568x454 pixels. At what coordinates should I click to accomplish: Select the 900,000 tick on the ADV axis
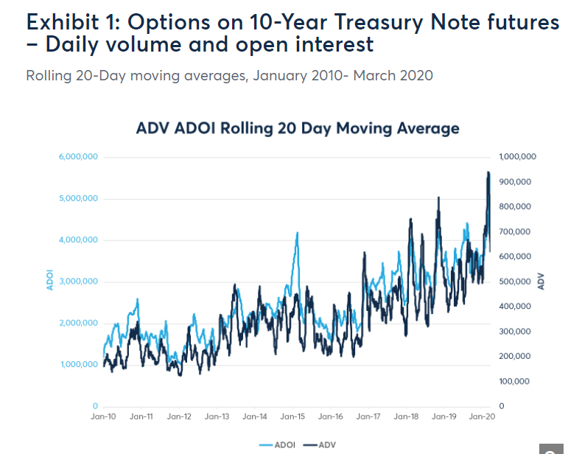click(x=516, y=182)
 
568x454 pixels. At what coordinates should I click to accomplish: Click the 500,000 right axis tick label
click(x=516, y=282)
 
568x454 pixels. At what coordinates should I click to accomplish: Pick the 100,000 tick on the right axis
click(x=516, y=381)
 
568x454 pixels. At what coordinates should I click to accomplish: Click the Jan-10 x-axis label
click(x=103, y=417)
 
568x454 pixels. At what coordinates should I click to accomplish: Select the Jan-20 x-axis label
click(x=481, y=417)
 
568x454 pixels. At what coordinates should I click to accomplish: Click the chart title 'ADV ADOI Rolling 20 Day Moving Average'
click(x=298, y=128)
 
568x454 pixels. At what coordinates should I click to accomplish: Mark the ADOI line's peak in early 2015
click(x=297, y=233)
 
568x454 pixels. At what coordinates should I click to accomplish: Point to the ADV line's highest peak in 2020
click(x=488, y=172)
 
